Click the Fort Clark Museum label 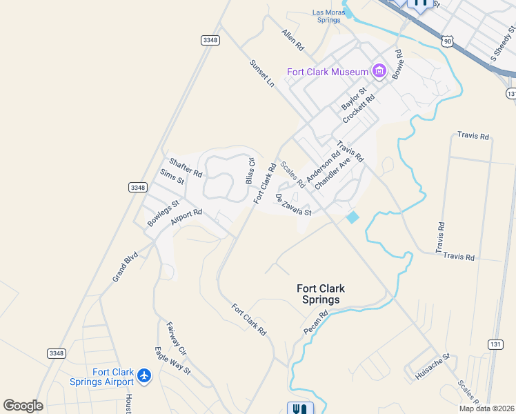click(x=328, y=72)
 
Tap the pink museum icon click(x=378, y=71)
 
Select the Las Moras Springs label click(x=326, y=17)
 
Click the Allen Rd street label click(x=292, y=40)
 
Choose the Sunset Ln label click(x=262, y=72)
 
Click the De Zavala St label click(x=294, y=205)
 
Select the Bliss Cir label click(x=250, y=170)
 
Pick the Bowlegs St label click(x=163, y=213)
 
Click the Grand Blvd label click(x=126, y=266)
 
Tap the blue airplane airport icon click(x=144, y=375)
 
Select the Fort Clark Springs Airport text click(x=101, y=377)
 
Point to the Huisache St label click(x=433, y=366)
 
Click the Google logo click(x=23, y=405)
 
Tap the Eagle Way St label click(x=172, y=360)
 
